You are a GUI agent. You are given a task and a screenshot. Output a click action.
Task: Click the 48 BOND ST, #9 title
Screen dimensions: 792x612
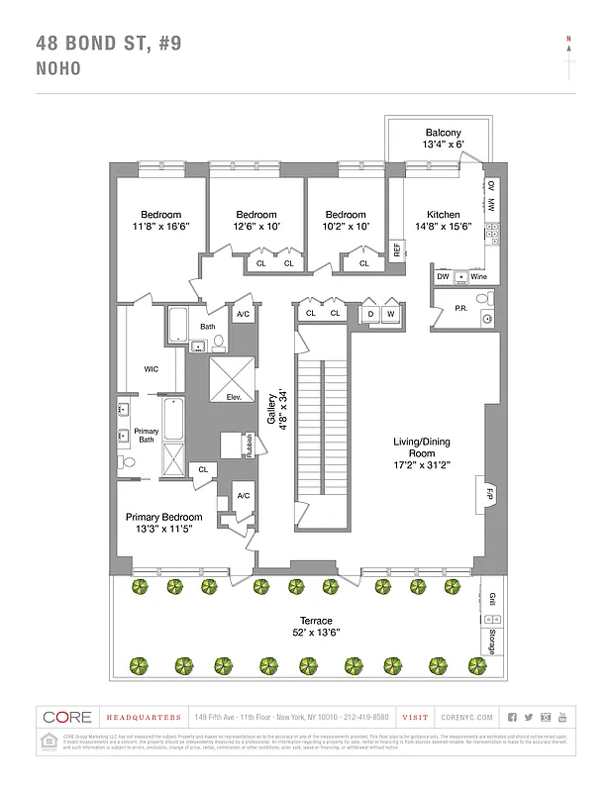pyautogui.click(x=108, y=43)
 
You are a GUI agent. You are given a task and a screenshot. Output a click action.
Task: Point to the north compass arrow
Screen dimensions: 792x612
pyautogui.click(x=568, y=54)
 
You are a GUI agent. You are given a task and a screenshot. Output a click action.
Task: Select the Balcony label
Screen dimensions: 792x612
pyautogui.click(x=443, y=133)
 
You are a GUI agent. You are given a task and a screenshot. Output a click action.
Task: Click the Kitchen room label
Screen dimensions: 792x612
pyautogui.click(x=443, y=215)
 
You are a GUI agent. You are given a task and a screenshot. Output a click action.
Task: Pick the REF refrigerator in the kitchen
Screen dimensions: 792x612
pyautogui.click(x=397, y=250)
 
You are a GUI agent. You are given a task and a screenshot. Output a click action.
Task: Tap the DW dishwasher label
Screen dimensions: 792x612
pyautogui.click(x=443, y=277)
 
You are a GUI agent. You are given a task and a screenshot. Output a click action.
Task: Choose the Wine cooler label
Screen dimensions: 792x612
pyautogui.click(x=478, y=277)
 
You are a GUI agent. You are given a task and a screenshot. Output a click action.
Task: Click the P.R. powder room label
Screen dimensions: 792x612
pyautogui.click(x=460, y=308)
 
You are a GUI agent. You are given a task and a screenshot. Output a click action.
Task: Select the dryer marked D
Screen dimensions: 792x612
pyautogui.click(x=370, y=314)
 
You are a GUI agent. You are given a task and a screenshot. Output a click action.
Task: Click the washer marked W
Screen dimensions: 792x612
pyautogui.click(x=391, y=314)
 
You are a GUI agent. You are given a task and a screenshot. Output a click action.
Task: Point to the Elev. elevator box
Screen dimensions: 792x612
pyautogui.click(x=235, y=397)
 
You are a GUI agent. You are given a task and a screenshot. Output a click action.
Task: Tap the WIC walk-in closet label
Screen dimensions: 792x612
pyautogui.click(x=151, y=368)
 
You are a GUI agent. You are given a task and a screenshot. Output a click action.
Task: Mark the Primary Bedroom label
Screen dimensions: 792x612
pyautogui.click(x=163, y=517)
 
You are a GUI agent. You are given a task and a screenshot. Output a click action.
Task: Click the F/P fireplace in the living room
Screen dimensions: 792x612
pyautogui.click(x=489, y=492)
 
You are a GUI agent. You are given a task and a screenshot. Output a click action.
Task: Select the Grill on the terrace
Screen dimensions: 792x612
pyautogui.click(x=492, y=600)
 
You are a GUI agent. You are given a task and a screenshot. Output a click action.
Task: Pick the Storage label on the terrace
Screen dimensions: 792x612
pyautogui.click(x=492, y=641)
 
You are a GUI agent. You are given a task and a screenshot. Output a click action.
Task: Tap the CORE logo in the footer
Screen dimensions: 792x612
pyautogui.click(x=67, y=717)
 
